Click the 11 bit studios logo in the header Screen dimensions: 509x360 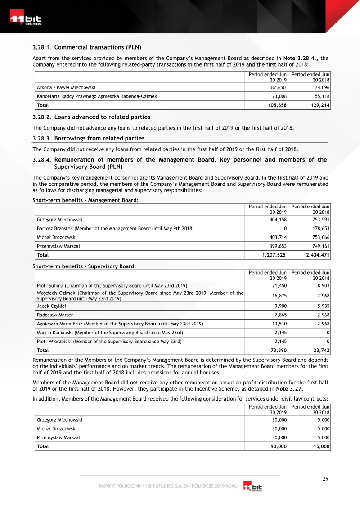26,20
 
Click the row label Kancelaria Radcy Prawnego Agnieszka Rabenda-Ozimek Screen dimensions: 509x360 97,96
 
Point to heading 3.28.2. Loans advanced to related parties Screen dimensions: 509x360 91,117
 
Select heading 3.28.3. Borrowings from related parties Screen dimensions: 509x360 89,138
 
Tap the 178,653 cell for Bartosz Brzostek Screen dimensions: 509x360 319,228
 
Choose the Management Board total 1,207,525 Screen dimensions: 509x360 274,255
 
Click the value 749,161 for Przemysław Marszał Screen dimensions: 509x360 319,246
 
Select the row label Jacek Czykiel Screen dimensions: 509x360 51,306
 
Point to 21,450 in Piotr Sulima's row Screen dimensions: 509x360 279,286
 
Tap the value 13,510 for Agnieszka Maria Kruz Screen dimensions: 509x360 279,324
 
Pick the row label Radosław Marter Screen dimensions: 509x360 54,315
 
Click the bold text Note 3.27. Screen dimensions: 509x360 289,389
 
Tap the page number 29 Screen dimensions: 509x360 325,478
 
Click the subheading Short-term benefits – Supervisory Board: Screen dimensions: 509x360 84,266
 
